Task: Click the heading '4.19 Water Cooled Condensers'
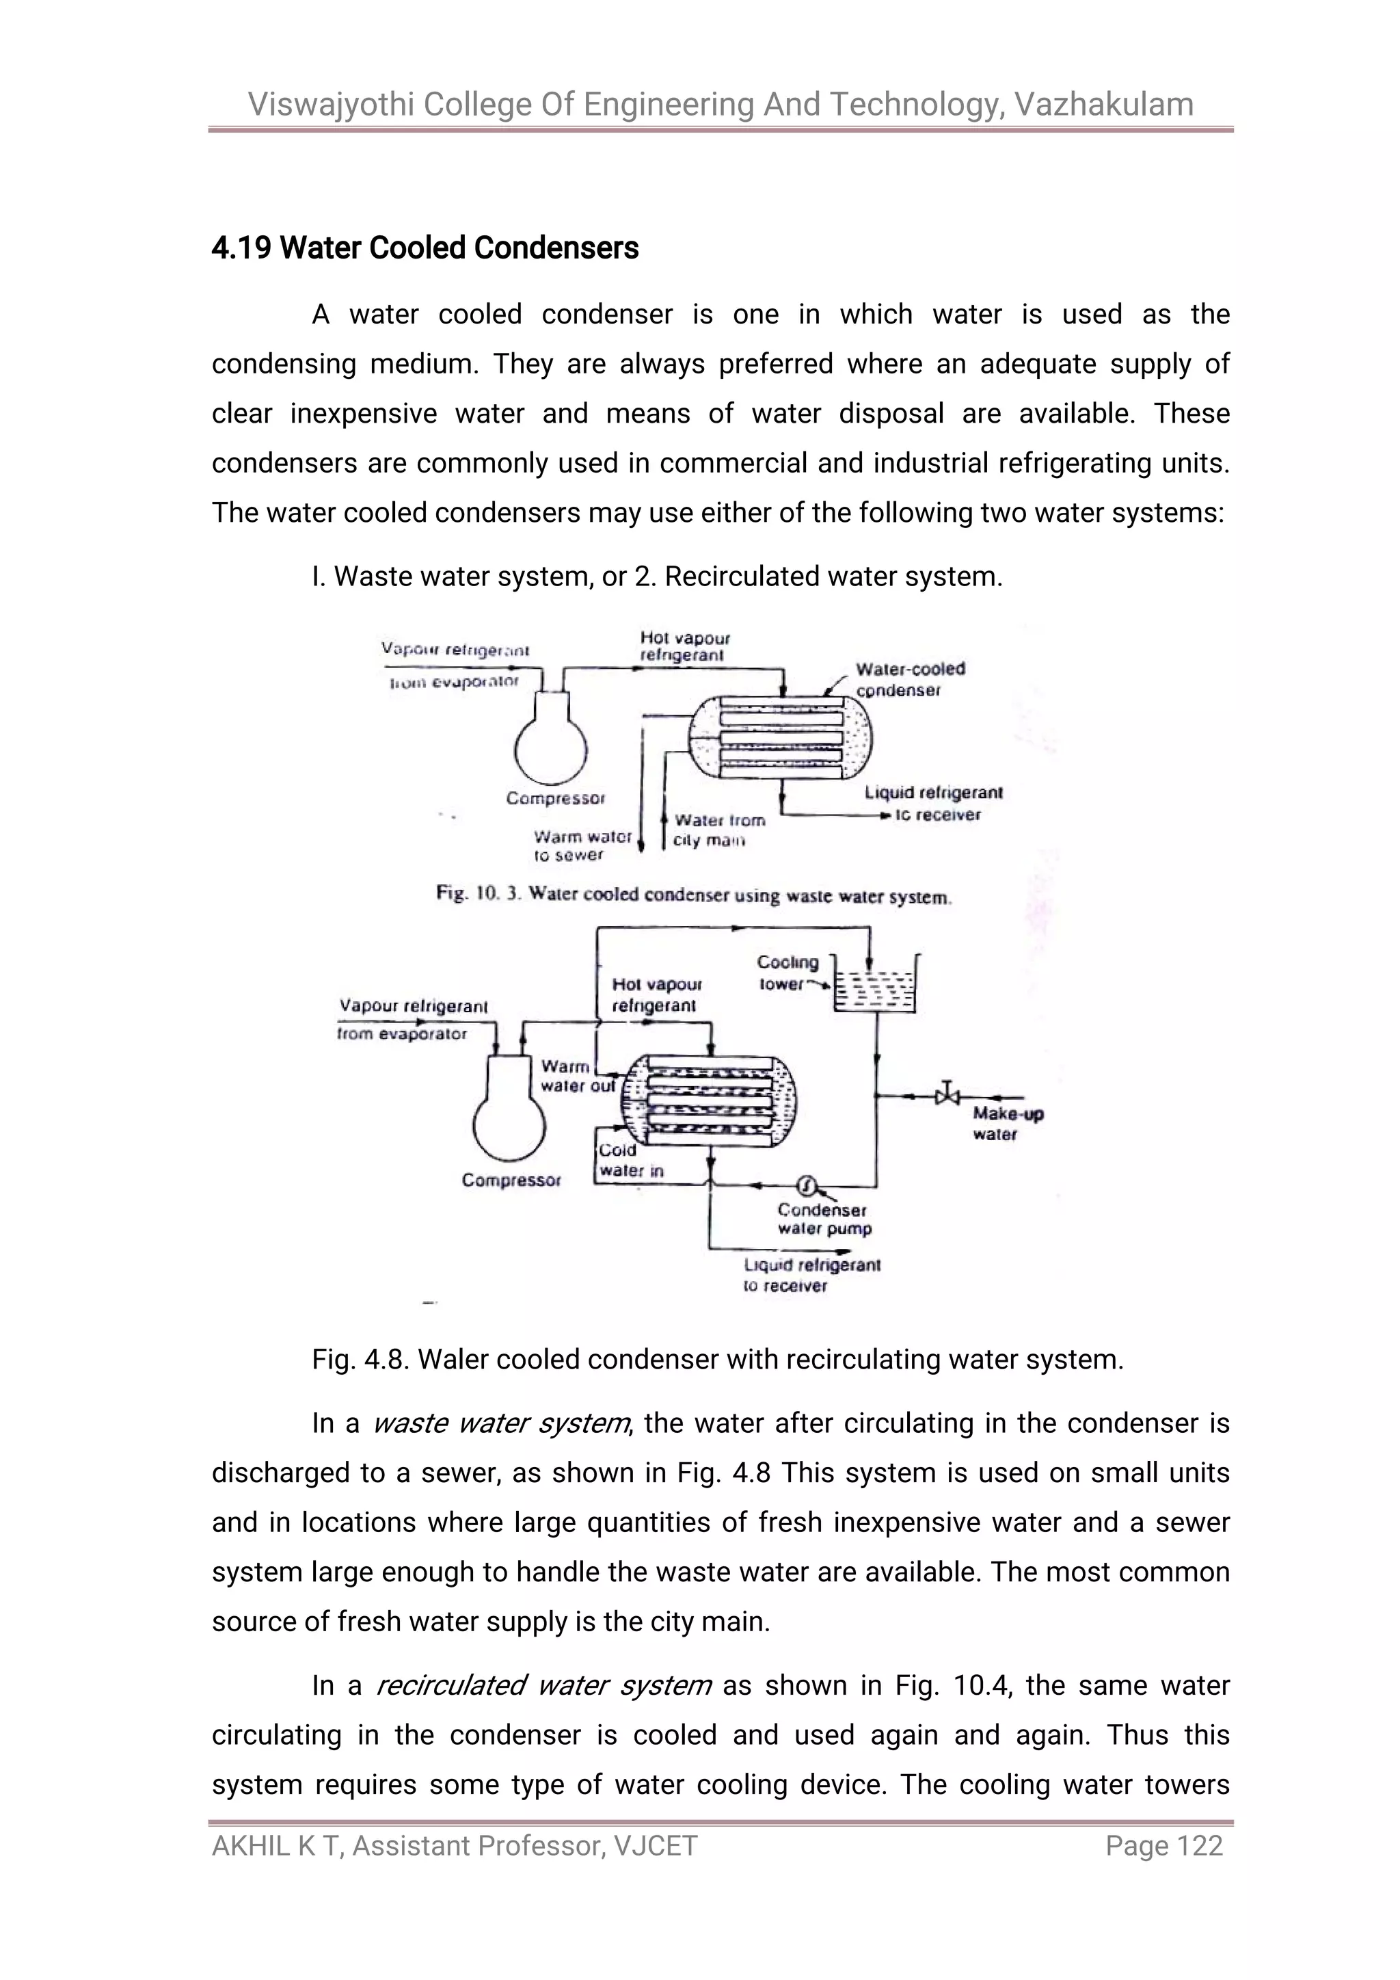click(x=425, y=248)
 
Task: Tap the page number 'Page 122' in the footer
click(x=1163, y=1845)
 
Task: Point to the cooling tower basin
click(x=875, y=989)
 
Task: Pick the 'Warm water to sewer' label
click(x=582, y=845)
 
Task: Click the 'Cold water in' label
click(x=630, y=1160)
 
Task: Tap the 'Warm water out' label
click(x=576, y=1077)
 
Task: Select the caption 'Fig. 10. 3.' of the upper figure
click(x=479, y=893)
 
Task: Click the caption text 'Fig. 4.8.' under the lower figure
click(x=360, y=1360)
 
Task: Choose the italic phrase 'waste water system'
click(x=500, y=1423)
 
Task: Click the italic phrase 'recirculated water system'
click(x=543, y=1685)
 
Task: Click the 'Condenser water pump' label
click(x=823, y=1219)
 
